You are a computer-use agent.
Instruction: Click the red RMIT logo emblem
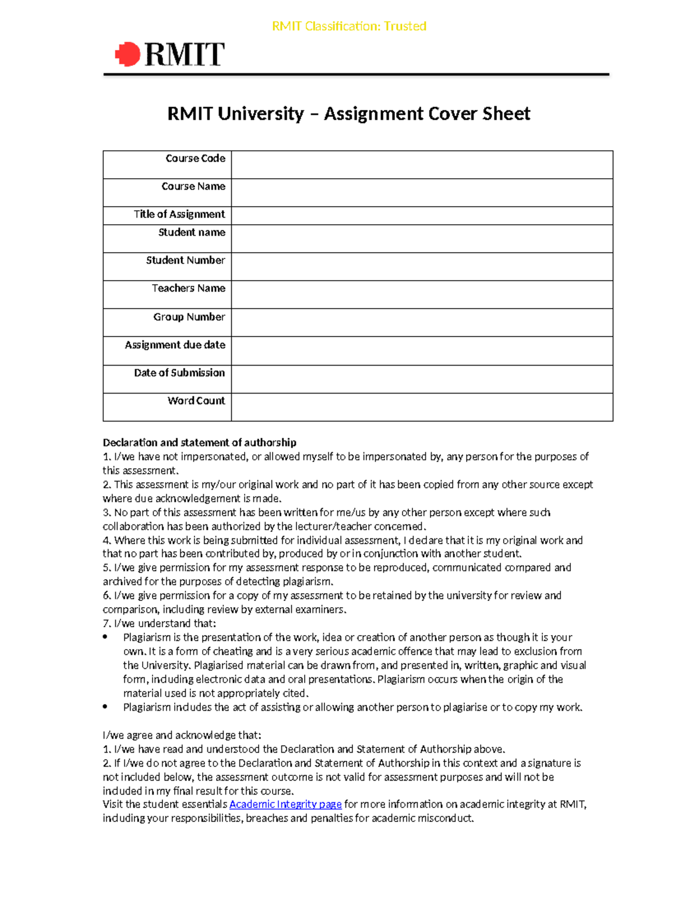pos(128,54)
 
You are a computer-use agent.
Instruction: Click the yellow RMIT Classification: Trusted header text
pos(349,26)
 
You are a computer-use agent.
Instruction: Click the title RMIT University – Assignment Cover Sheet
pos(348,114)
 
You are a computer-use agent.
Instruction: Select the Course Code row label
pos(195,158)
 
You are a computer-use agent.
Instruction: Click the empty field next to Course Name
pos(422,192)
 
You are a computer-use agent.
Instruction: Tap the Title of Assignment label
pos(179,214)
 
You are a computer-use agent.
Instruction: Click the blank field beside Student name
pos(422,239)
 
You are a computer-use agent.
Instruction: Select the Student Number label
pos(185,260)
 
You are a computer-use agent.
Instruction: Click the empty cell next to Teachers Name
pos(422,295)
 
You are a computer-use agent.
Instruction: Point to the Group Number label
pos(189,317)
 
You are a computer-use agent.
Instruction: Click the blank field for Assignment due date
pos(422,351)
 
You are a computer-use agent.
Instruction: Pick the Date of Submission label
pos(179,373)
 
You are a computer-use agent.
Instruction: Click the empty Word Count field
pos(422,407)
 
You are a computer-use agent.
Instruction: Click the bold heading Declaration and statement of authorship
pos(199,442)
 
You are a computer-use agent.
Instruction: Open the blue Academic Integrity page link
pos(285,804)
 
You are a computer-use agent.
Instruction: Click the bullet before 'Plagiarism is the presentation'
pos(105,637)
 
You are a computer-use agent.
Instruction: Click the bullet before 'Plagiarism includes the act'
pos(105,707)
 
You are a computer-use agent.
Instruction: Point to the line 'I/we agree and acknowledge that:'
pos(182,735)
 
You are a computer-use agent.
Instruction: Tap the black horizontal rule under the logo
pos(356,75)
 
